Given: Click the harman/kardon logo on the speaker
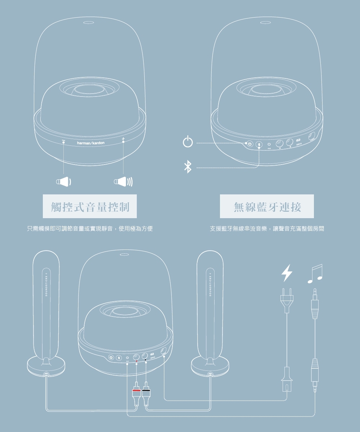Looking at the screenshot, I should point(91,143).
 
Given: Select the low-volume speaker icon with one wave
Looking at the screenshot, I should point(63,182).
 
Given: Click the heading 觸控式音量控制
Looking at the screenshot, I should point(90,207).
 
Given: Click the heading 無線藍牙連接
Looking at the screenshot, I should point(267,207).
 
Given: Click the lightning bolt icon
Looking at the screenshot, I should point(287,273).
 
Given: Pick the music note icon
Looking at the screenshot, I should point(315,274).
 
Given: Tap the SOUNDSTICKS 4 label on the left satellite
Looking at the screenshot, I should point(46,284).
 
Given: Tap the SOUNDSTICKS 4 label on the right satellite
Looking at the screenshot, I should point(210,284).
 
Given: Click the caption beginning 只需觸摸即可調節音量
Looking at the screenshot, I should point(90,229).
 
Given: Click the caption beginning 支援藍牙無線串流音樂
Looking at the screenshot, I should point(267,229).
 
